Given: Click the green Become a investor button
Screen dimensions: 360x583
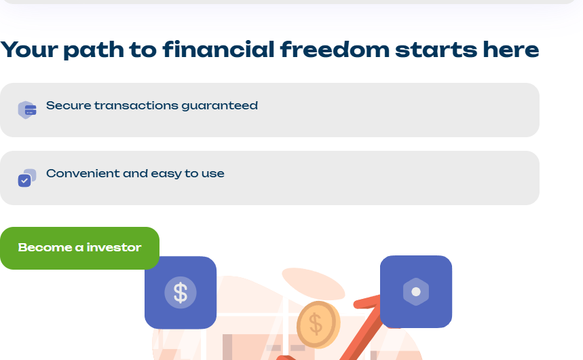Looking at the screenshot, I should (79, 248).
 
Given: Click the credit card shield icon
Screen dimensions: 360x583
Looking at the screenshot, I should (27, 110).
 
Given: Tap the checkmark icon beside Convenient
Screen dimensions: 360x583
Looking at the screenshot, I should (25, 180).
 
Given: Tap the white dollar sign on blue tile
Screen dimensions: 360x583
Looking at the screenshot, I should (181, 292).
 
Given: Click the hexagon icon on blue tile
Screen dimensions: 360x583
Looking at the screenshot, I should (416, 291).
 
